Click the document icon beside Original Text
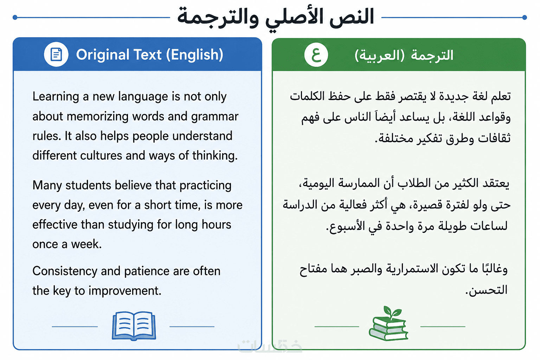pos(56,54)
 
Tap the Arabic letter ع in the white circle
pos(316,55)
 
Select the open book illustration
pos(134,326)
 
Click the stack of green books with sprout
pos(388,323)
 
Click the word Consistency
pos(65,271)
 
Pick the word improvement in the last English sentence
pos(125,291)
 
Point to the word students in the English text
pos(88,185)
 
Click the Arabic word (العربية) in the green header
pos(380,55)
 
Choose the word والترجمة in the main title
pos(218,18)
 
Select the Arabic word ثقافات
pos(494,138)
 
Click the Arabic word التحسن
pos(487,290)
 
